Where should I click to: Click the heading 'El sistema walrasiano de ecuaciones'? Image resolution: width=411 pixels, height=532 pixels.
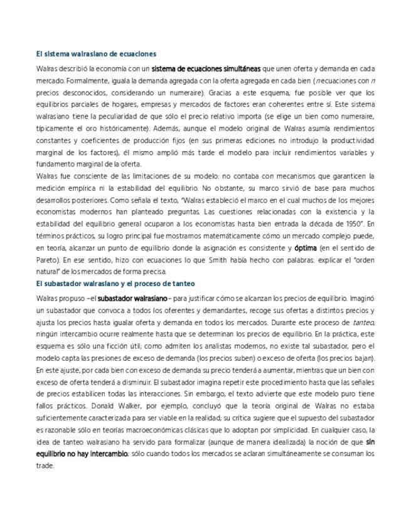96,54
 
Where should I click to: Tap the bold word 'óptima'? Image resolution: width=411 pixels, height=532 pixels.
306,248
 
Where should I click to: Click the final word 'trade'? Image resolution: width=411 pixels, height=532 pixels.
45,466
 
